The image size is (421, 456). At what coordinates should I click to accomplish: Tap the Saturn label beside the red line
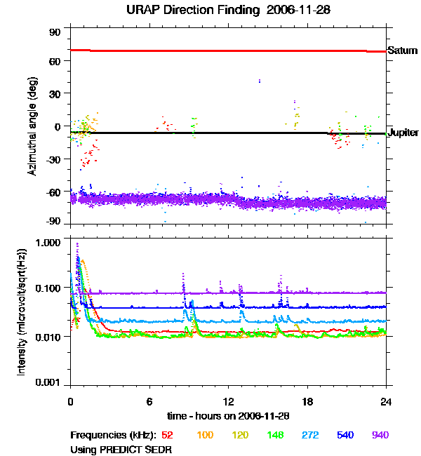coord(402,51)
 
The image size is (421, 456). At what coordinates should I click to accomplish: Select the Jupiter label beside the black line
coord(403,133)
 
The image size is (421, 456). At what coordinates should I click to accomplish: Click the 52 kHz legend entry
coord(168,435)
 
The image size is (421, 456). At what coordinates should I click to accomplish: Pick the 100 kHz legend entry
coord(205,435)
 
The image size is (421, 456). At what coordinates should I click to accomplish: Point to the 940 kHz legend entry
coord(380,435)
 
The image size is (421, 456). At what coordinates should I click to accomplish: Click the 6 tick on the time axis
coord(149,402)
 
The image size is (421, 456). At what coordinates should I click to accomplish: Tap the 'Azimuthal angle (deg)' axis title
coord(32,126)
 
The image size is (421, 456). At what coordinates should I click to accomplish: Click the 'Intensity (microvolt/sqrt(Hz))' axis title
coord(22,312)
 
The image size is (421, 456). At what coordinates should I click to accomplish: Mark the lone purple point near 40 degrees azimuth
coord(260,81)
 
